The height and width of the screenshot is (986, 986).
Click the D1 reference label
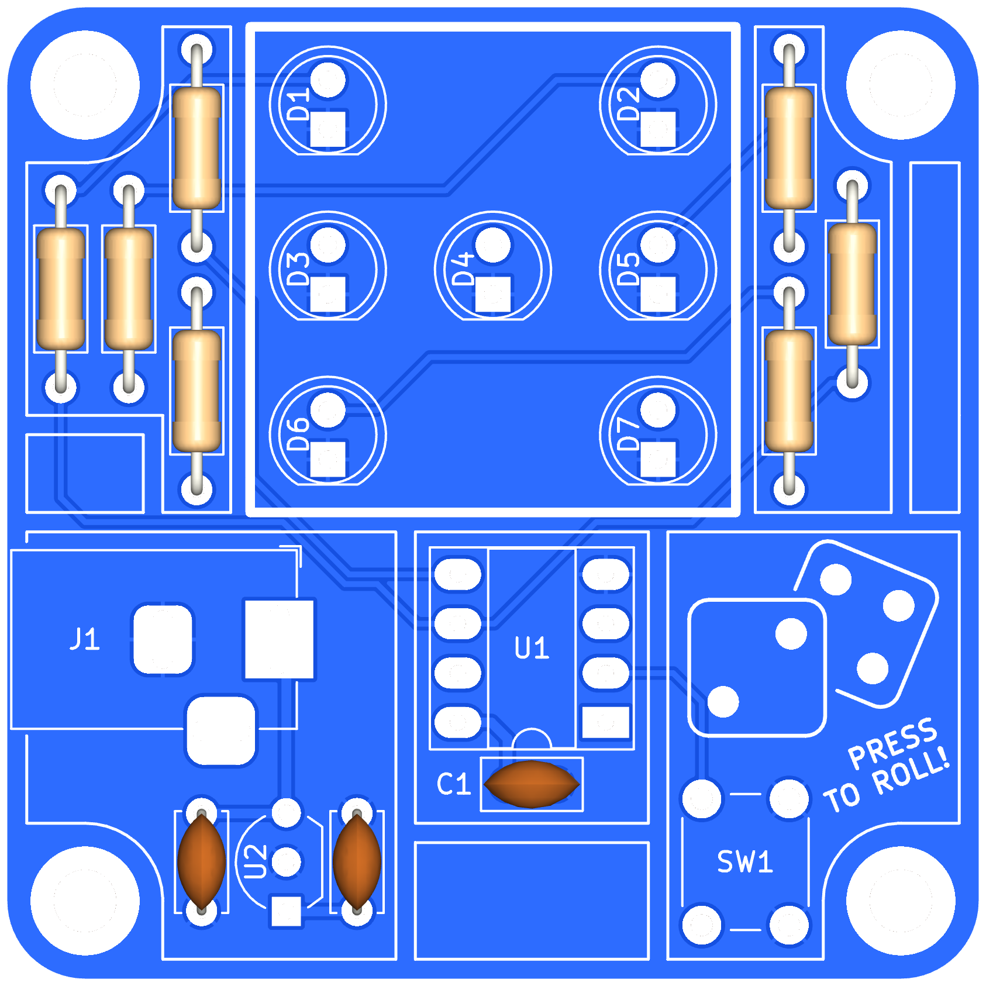pyautogui.click(x=299, y=105)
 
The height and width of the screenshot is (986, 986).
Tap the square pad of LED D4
pyautogui.click(x=493, y=294)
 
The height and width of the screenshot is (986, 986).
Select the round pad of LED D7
pyautogui.click(x=658, y=410)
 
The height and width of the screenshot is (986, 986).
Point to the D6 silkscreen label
pyautogui.click(x=299, y=434)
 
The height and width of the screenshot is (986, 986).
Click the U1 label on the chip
pyautogui.click(x=532, y=648)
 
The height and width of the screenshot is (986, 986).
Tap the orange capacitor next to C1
pyautogui.click(x=532, y=784)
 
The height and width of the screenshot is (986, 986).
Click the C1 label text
pyautogui.click(x=454, y=784)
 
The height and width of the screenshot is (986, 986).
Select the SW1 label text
pyautogui.click(x=745, y=861)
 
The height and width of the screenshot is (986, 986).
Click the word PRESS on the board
pyautogui.click(x=892, y=742)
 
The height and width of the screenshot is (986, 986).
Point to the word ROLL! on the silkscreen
pyautogui.click(x=912, y=773)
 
